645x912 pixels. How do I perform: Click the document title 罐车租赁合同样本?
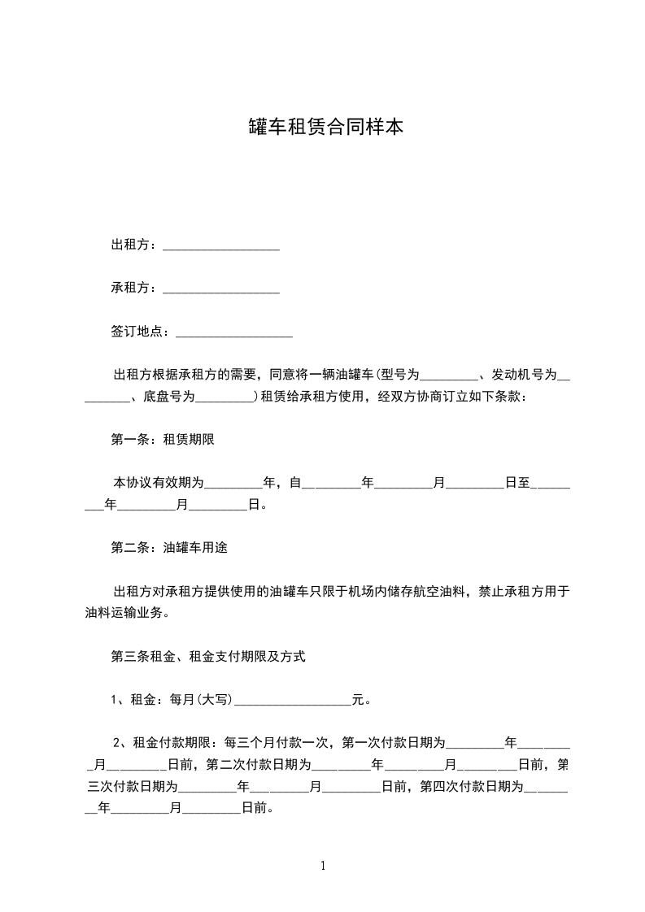[x=325, y=128]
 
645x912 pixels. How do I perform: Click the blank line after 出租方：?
[x=221, y=245]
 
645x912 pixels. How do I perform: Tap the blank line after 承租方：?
[x=221, y=289]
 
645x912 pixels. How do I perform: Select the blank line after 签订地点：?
[x=234, y=332]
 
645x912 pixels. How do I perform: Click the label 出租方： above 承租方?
[x=137, y=245]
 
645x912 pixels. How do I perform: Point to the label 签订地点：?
[x=143, y=332]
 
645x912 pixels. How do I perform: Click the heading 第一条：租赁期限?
[x=163, y=440]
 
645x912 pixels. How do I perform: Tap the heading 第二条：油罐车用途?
[x=169, y=548]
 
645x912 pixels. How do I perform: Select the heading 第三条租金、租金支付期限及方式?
[x=208, y=656]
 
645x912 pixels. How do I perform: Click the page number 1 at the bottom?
[x=324, y=866]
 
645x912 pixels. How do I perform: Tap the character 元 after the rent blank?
[x=357, y=699]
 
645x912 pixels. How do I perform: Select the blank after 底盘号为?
[x=224, y=397]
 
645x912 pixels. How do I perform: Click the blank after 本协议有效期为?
[x=233, y=483]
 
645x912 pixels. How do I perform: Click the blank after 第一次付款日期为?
[x=476, y=743]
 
